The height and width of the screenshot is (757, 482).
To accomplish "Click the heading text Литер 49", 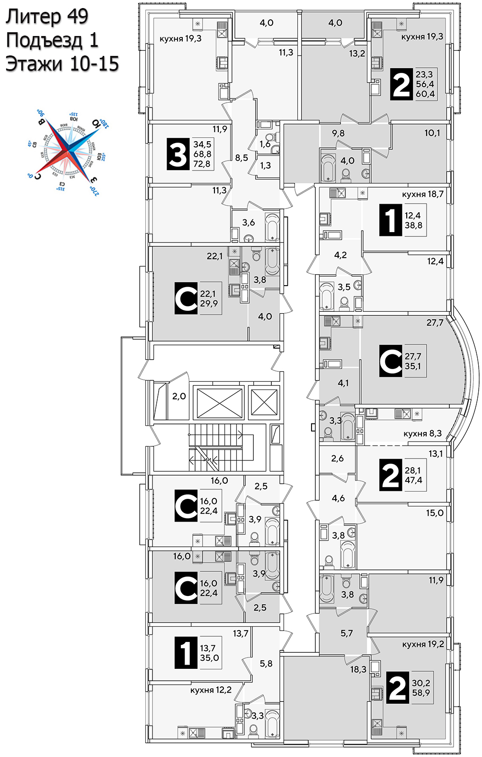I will pos(47,17).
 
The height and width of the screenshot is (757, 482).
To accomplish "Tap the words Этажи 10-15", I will pos(62,63).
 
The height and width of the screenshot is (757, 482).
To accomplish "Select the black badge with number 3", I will pos(178,154).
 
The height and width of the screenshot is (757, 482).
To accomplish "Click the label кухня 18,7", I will pos(422,194).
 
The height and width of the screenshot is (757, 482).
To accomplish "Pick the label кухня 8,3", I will pos(422,433).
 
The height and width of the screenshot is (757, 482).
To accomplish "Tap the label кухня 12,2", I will pos(211,690).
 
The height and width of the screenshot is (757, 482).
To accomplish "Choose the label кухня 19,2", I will pos(423,644).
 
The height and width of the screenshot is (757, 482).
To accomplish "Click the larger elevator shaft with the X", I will pos(218,403).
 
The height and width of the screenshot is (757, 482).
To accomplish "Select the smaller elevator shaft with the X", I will pos(264,402).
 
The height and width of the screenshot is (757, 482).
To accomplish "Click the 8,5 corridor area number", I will pos(241,158).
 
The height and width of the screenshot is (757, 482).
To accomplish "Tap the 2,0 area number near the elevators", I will pos(179,396).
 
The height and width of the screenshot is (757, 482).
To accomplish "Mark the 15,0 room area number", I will pos(434,513).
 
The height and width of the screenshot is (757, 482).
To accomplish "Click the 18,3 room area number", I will pos(358,669).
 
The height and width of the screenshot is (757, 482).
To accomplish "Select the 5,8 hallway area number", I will pos(266,664).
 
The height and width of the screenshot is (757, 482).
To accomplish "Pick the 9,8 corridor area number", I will pos(338,133).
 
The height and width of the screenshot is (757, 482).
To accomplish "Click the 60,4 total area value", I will pos(425,94).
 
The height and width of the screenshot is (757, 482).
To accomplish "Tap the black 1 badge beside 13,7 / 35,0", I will pos(186,653).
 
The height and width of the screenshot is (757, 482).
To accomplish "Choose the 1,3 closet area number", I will pos(265,165).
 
